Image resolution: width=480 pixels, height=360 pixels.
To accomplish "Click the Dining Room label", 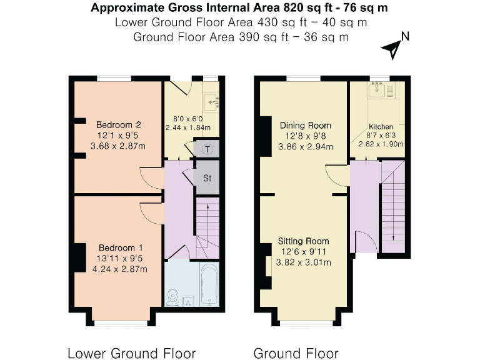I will point(305,125).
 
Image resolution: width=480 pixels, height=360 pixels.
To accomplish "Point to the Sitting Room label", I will point(304,241).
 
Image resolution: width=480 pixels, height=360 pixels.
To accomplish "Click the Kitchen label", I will point(381,126).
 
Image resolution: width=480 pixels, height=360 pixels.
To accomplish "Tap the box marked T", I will point(207,149).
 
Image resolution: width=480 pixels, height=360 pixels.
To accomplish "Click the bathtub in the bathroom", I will point(208,284).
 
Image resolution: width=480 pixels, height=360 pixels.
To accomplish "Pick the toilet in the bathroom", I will point(174,295).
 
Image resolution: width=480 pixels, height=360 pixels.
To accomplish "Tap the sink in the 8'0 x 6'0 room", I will point(211,99).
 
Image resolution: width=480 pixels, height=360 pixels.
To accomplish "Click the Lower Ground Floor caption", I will point(131,353).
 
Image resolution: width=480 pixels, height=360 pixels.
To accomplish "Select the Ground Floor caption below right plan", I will point(296,353).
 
